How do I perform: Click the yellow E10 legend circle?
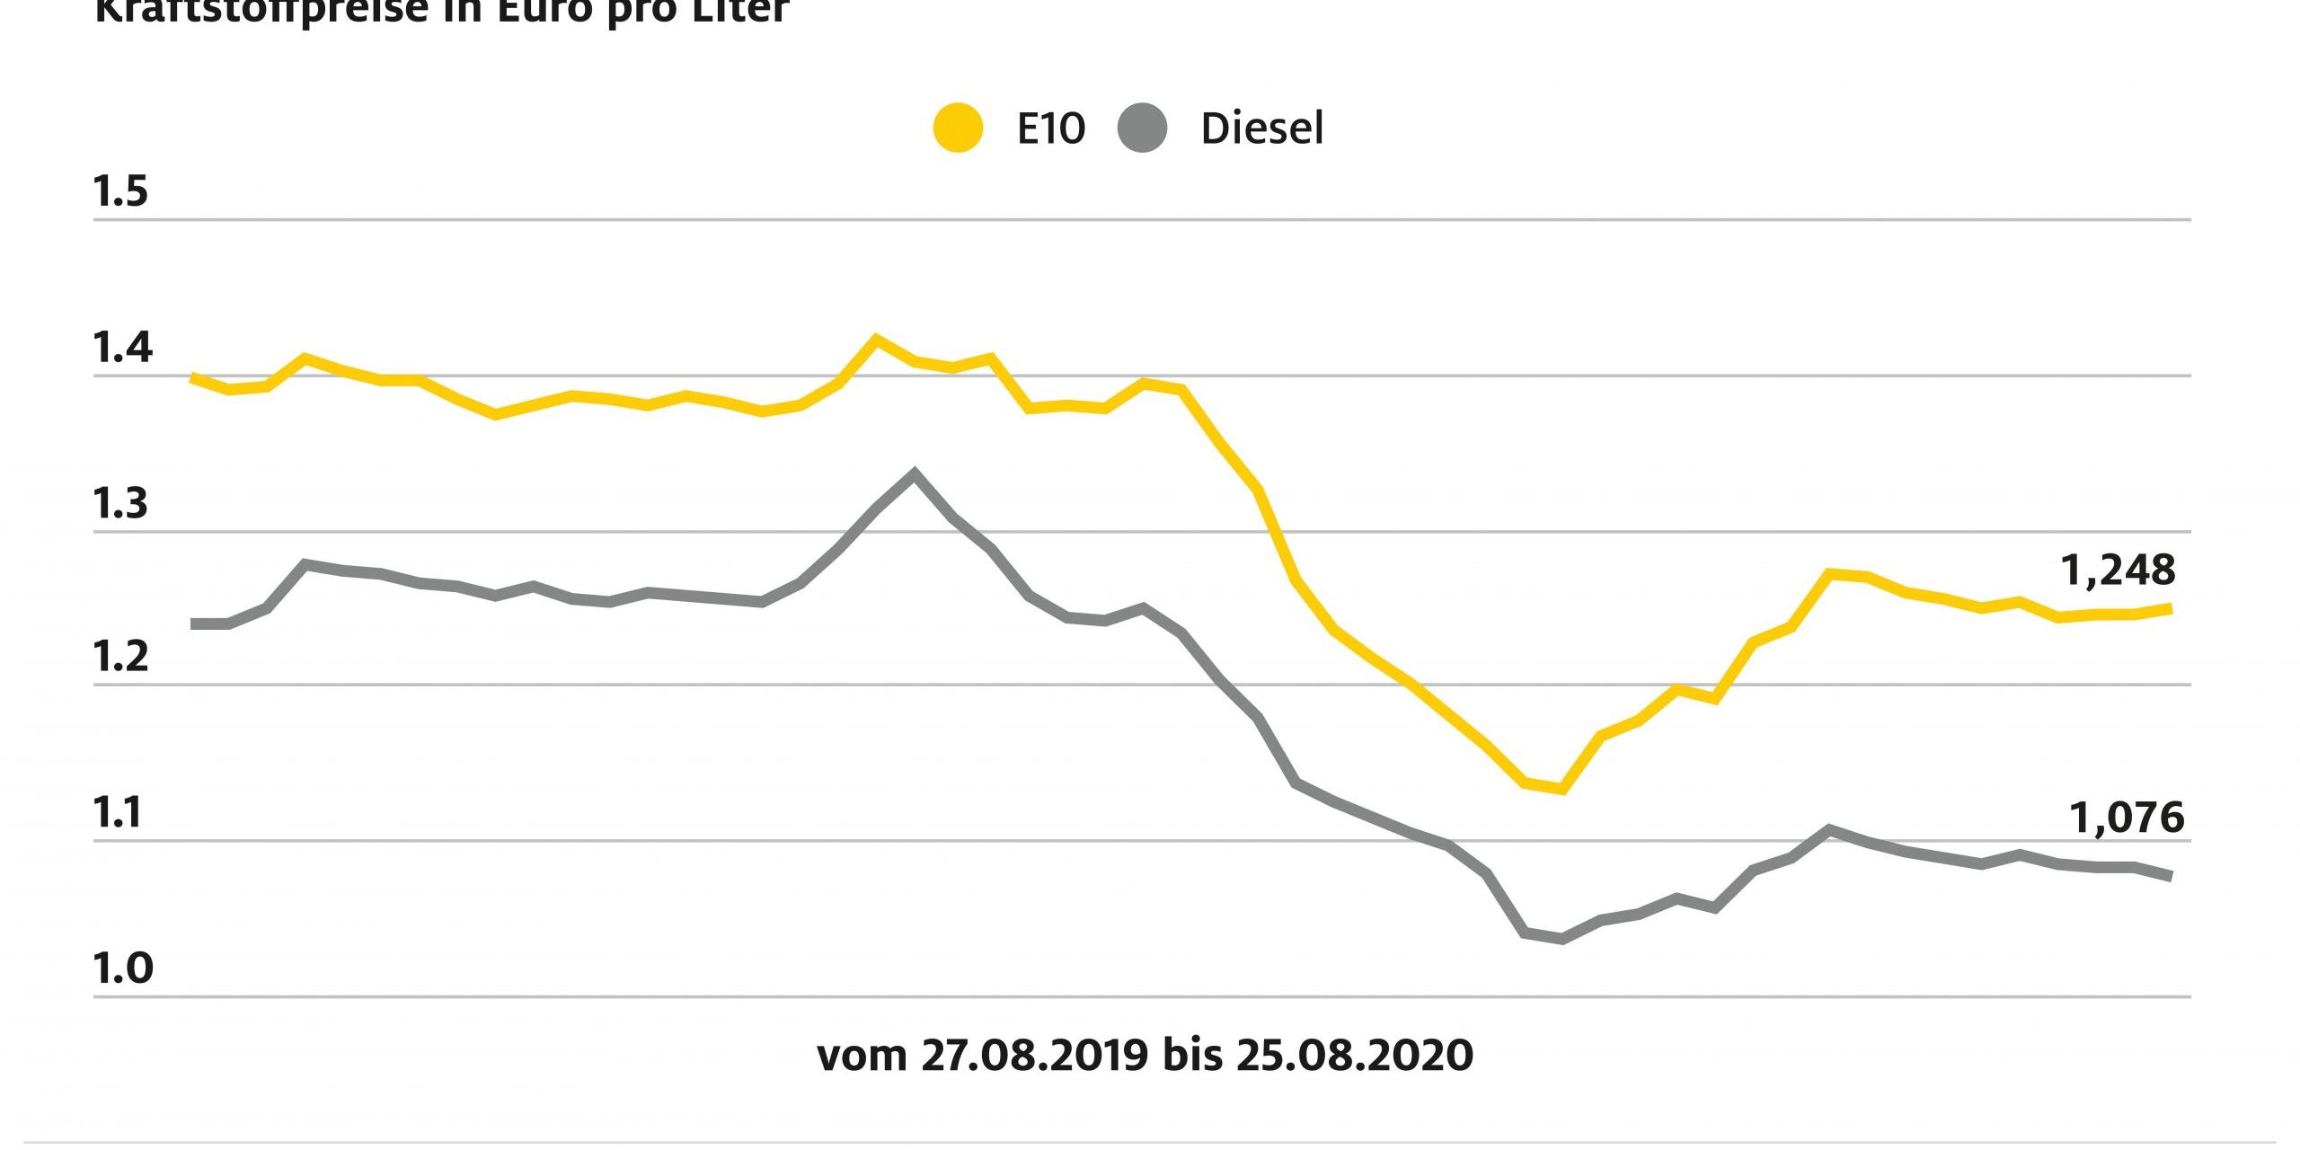coord(958,128)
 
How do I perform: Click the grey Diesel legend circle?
coord(1142,128)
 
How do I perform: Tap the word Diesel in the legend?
coord(1261,128)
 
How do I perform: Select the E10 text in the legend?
coord(1050,128)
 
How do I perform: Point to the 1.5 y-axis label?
coord(120,191)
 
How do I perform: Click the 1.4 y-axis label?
coord(122,347)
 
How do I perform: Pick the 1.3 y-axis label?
coord(120,504)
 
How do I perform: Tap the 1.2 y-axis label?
coord(120,658)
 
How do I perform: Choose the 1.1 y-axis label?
coord(119,812)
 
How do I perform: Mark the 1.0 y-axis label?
coord(122,968)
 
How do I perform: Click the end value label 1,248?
coord(2118,570)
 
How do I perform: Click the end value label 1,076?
coord(2127,818)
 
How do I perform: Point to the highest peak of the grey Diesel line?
coord(915,473)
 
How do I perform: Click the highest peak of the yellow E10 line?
coord(876,339)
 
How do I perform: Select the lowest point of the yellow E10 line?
coord(1562,790)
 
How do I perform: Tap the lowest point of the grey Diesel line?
coord(1562,940)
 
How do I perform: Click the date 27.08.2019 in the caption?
coord(1034,1055)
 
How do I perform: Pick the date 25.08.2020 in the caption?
coord(1354,1055)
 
